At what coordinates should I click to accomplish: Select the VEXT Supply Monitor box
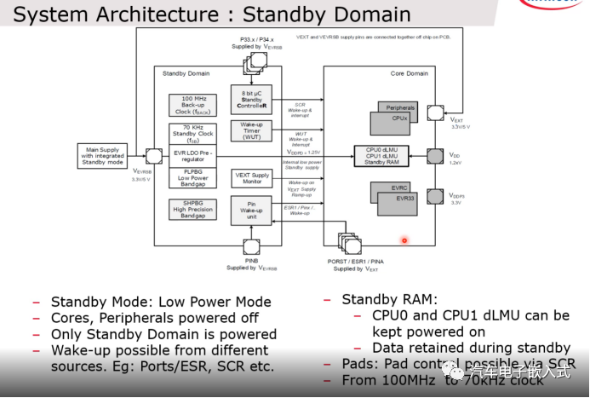(251, 179)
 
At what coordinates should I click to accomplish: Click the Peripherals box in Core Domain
(400, 108)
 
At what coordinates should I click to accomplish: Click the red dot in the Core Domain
(404, 240)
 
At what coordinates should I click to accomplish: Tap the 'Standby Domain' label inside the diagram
(186, 74)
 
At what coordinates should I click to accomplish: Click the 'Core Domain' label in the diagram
(409, 74)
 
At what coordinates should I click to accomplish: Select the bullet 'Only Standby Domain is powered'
(163, 334)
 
